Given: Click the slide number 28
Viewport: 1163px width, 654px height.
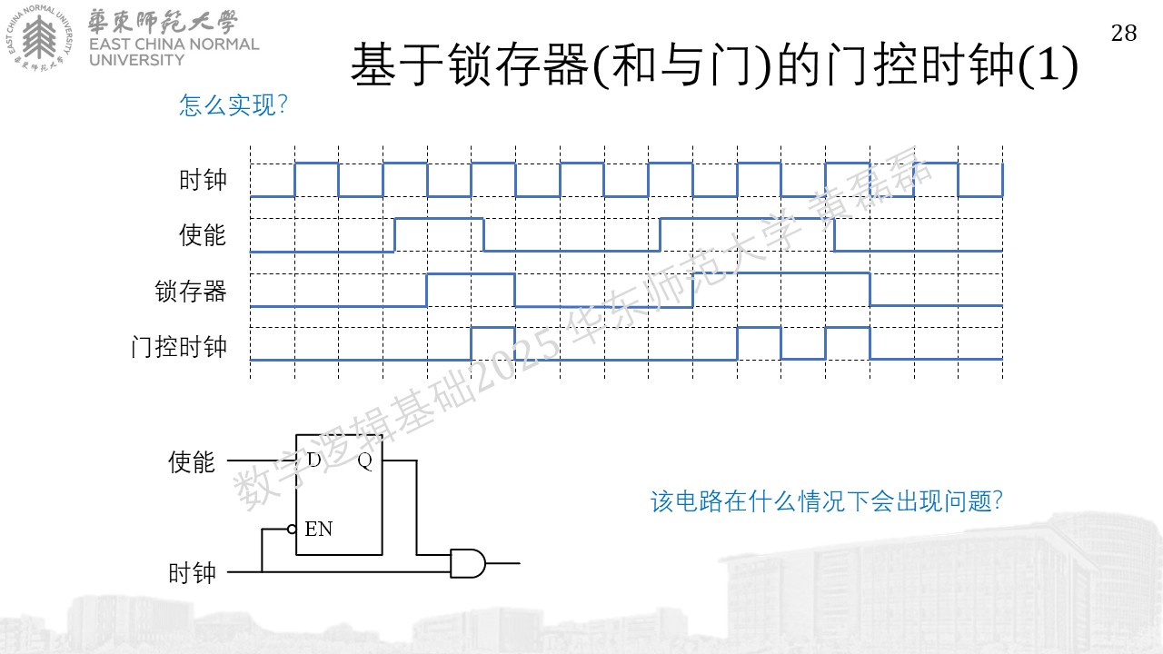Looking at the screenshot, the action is (1124, 34).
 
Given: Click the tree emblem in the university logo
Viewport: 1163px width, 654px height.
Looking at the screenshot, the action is (39, 36).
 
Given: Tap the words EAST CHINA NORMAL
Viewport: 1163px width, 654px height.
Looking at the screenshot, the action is (174, 45).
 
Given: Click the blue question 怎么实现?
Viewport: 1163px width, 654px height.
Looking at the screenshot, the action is (234, 104).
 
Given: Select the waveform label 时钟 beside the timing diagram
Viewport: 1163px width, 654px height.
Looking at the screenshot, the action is (203, 180).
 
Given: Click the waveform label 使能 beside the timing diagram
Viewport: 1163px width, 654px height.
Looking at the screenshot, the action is (203, 234).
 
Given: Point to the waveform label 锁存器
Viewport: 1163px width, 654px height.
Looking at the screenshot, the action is (191, 291).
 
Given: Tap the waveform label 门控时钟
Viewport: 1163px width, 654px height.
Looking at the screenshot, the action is (179, 346).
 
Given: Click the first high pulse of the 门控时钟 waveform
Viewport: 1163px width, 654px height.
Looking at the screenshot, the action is (493, 343).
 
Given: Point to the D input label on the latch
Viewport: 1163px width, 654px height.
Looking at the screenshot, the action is (314, 460).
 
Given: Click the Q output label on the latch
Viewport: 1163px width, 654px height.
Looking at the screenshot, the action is (365, 461).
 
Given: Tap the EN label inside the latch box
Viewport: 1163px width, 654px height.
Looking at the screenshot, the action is (318, 529).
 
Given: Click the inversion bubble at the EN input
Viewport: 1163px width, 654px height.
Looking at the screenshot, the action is (292, 530).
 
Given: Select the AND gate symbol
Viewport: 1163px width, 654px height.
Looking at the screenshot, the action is (468, 563).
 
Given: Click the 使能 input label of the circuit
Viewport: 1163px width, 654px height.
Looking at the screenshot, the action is (192, 461).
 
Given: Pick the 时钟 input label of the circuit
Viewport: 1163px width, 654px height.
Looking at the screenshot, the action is (192, 573).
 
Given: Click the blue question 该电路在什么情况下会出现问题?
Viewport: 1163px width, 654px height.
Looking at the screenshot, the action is (826, 501).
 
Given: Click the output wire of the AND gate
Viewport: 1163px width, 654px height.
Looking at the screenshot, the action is (502, 563).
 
